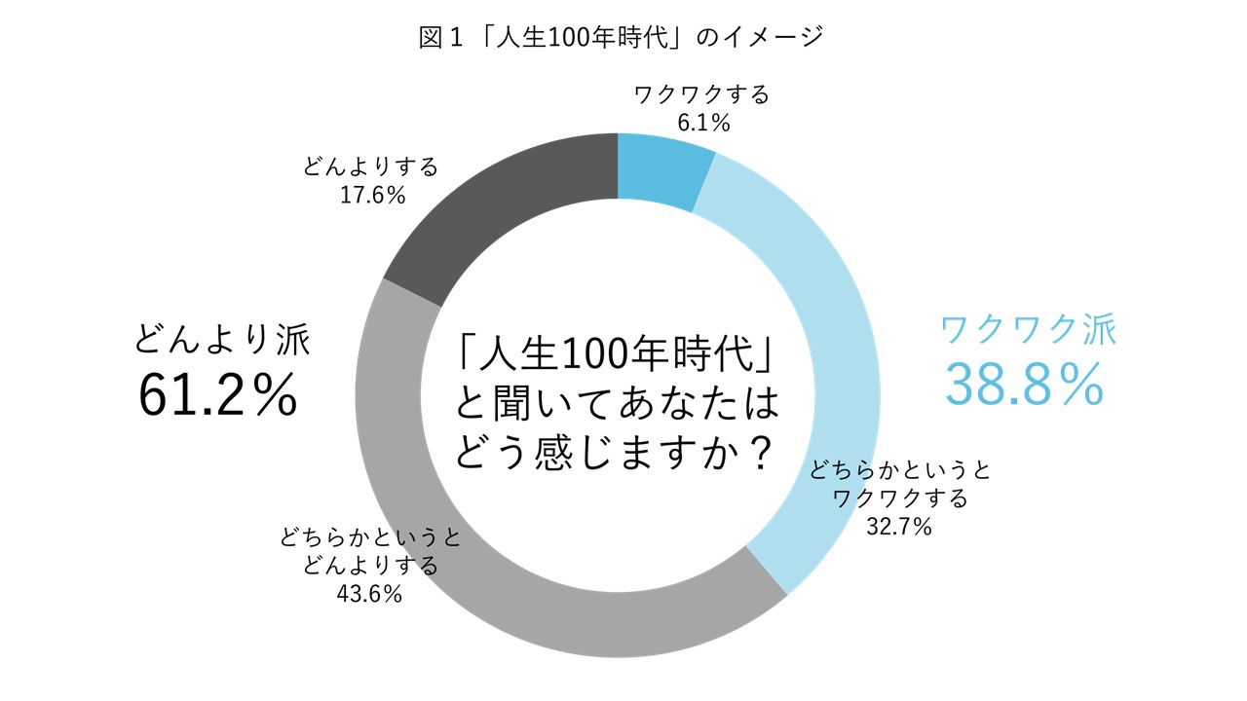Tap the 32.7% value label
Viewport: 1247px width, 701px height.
tap(898, 528)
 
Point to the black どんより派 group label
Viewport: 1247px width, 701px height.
tap(223, 340)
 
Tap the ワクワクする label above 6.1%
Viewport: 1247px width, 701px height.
tap(701, 95)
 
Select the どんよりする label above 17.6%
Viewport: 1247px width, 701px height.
tap(370, 166)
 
